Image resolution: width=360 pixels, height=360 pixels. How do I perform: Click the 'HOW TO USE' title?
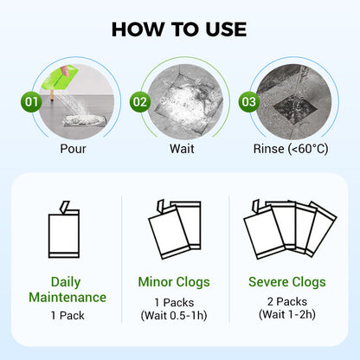(179, 29)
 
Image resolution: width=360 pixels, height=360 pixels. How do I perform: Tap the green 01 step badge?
(31, 102)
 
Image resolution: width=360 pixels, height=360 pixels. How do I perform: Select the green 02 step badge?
(140, 102)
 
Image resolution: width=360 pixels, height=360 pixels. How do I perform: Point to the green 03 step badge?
(248, 102)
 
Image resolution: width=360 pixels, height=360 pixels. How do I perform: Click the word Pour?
(73, 149)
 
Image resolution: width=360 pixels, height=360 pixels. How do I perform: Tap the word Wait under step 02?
(182, 149)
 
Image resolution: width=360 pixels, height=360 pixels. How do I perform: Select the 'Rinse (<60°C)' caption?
(291, 149)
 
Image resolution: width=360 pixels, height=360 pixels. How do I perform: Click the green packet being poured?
(60, 77)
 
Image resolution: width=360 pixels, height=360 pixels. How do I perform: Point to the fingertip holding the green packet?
(65, 70)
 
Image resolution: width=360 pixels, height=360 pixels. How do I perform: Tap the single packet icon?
(64, 229)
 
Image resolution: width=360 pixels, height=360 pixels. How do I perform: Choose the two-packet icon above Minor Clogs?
(175, 229)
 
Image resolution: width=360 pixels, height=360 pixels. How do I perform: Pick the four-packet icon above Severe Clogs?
(290, 229)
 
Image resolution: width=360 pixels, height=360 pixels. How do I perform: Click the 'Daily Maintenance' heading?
(67, 290)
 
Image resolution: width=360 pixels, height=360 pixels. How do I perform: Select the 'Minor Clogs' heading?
(174, 282)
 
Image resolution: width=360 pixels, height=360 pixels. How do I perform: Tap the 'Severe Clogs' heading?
(287, 282)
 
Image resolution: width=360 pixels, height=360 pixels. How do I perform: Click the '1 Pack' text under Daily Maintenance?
(67, 315)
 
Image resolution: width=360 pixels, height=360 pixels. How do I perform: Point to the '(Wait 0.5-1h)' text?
(174, 315)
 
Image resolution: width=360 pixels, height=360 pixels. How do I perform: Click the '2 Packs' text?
(287, 301)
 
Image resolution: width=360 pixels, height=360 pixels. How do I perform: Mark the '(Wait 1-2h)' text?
(287, 314)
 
